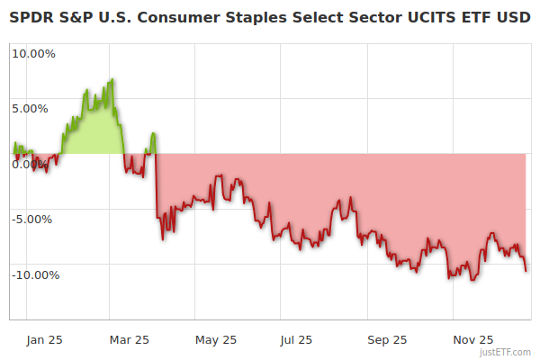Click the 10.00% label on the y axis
[33, 53]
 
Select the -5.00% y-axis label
[34, 219]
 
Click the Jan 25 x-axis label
[44, 340]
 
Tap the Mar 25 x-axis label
[130, 340]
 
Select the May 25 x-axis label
[216, 340]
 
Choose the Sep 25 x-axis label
[387, 340]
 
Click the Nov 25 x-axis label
[472, 340]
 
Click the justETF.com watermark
[507, 353]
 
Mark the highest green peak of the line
[112, 79]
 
